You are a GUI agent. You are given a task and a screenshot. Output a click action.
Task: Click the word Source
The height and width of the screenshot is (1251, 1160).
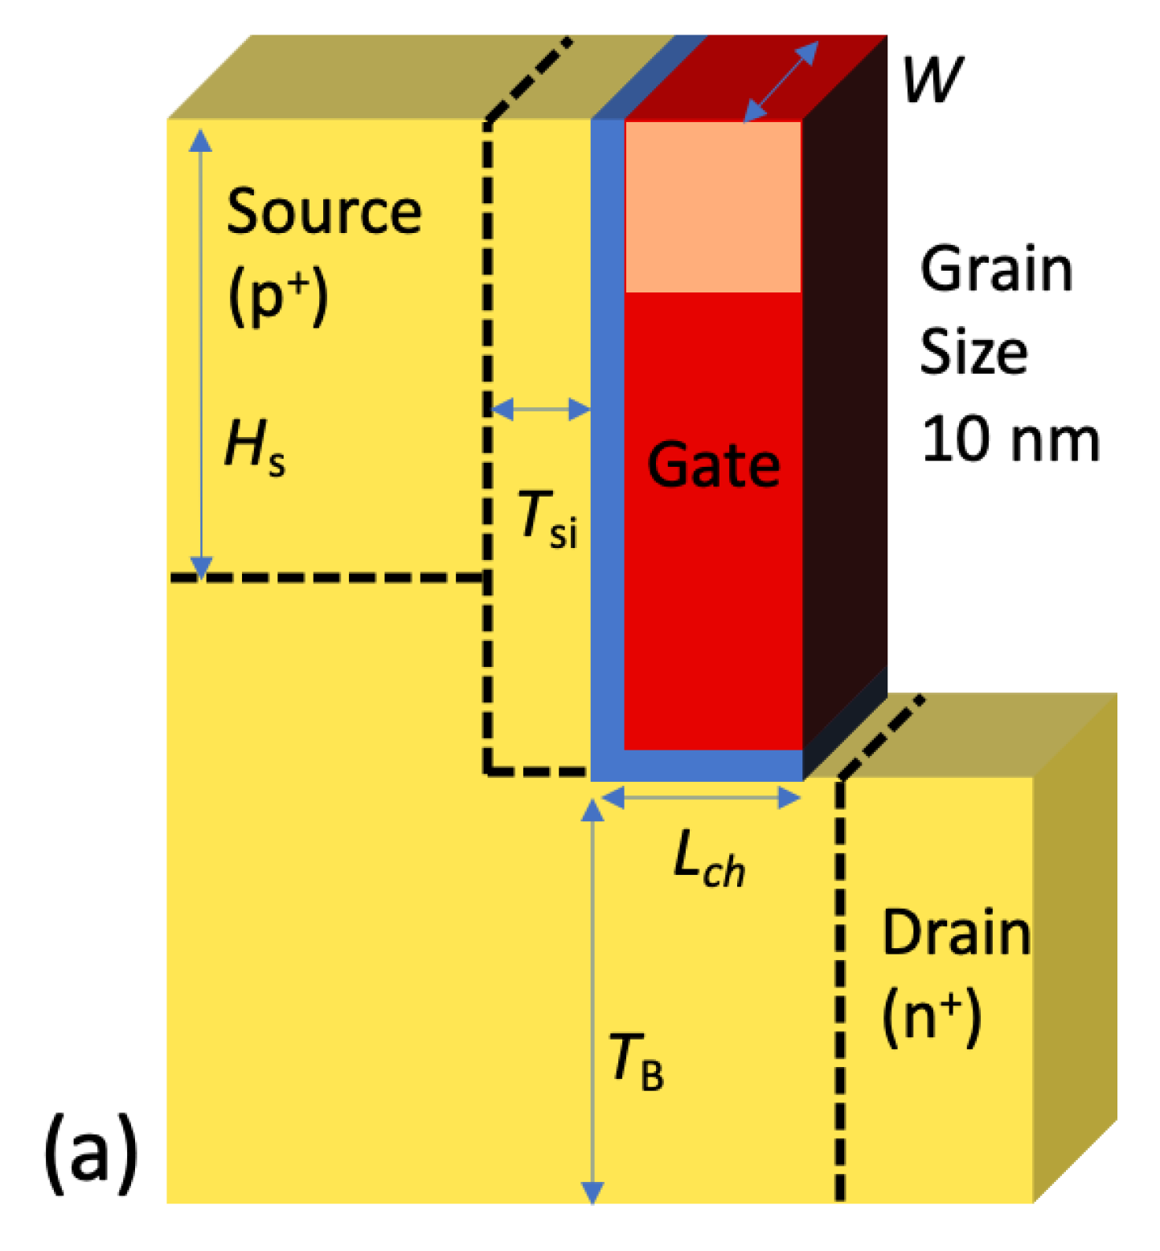tap(323, 212)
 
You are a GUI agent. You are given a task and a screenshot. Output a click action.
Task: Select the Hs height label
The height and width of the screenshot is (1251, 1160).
tap(254, 446)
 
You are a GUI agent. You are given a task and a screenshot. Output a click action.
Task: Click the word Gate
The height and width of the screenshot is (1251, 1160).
tap(713, 465)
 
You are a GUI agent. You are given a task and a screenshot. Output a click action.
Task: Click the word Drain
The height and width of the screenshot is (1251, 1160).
tap(956, 933)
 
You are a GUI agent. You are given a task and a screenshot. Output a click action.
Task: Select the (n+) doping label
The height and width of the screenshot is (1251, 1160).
tap(932, 1016)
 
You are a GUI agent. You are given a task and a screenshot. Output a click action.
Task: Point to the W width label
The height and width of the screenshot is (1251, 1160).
tap(932, 80)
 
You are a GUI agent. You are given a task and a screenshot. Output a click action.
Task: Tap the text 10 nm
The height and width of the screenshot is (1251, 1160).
tap(1010, 440)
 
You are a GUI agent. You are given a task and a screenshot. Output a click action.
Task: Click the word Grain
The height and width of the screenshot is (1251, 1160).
tap(996, 270)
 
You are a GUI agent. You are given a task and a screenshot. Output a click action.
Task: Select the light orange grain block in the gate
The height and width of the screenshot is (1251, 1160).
tap(713, 206)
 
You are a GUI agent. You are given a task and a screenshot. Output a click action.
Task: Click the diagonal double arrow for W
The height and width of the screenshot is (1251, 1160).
tap(781, 81)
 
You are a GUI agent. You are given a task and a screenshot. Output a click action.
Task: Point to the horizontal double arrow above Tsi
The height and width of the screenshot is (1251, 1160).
tap(540, 410)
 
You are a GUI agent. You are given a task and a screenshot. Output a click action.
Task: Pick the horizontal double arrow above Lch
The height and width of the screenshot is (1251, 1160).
tap(700, 798)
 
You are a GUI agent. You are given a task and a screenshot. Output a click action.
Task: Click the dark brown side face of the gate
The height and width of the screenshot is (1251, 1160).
tap(844, 402)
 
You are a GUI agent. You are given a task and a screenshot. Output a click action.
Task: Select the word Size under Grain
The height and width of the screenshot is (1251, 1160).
tap(973, 354)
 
